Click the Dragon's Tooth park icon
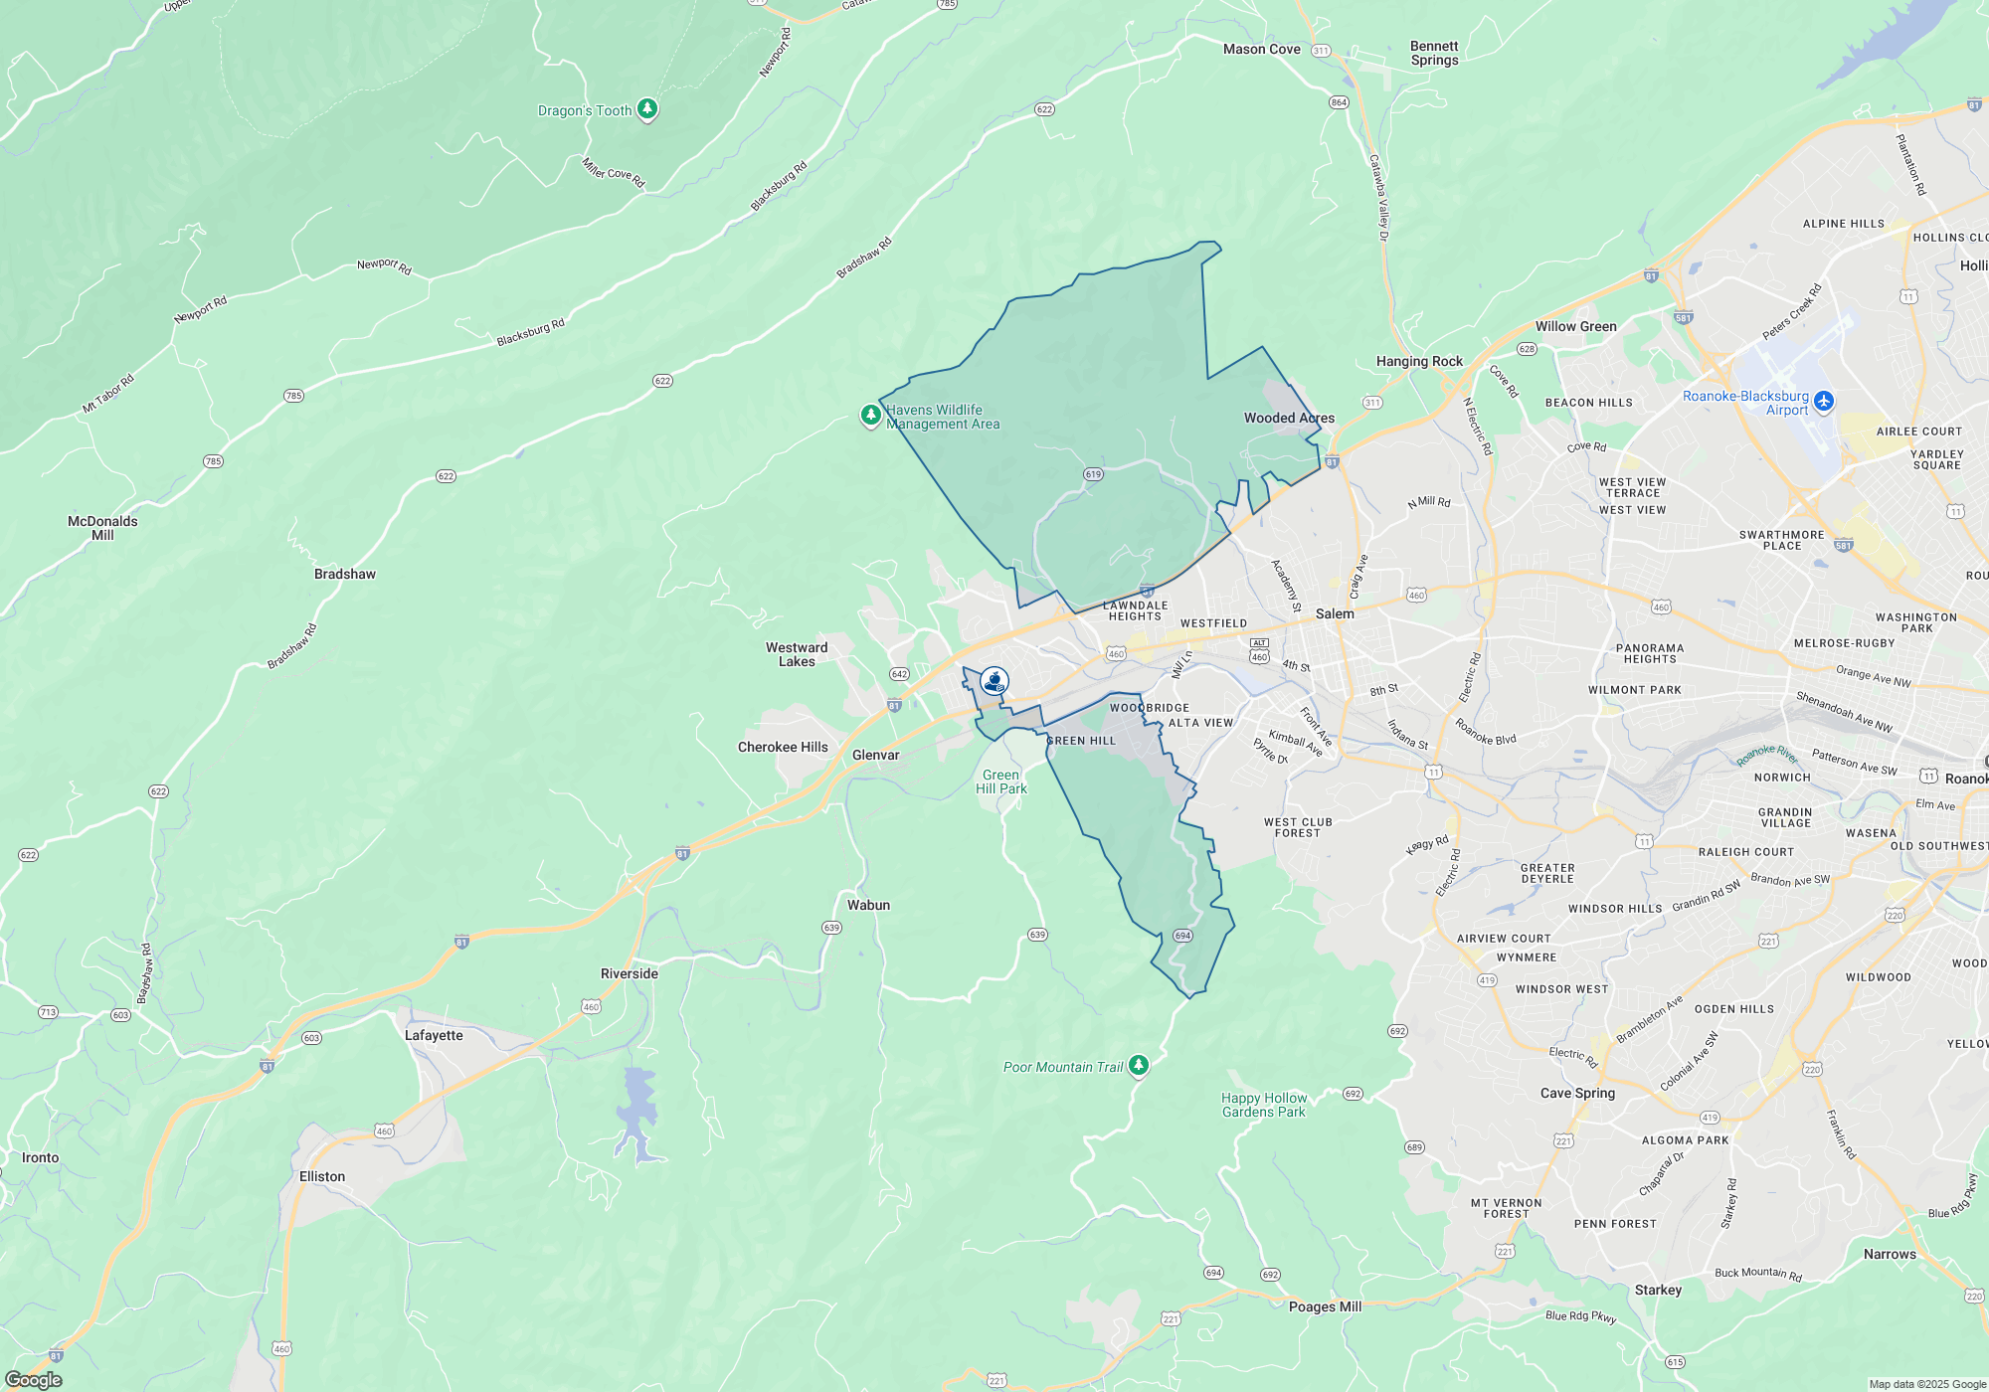[x=647, y=108]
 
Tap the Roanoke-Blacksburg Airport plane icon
[x=1823, y=401]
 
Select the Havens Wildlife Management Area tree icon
[x=871, y=415]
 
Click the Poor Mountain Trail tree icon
[x=1139, y=1066]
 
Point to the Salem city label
[x=1335, y=613]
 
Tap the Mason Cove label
[x=1261, y=49]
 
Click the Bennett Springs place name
[x=1434, y=53]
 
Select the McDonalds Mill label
[x=102, y=528]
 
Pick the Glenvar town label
[x=875, y=755]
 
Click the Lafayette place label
[x=434, y=1035]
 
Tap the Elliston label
[x=322, y=1176]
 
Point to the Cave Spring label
[x=1577, y=1093]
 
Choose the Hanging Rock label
[x=1419, y=361]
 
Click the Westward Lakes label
[x=797, y=654]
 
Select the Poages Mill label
[x=1325, y=1306]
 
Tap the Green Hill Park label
[x=1000, y=782]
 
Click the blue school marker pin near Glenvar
[x=994, y=681]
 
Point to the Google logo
[x=34, y=1379]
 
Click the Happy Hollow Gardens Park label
[x=1264, y=1105]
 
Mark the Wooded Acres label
[x=1289, y=418]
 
